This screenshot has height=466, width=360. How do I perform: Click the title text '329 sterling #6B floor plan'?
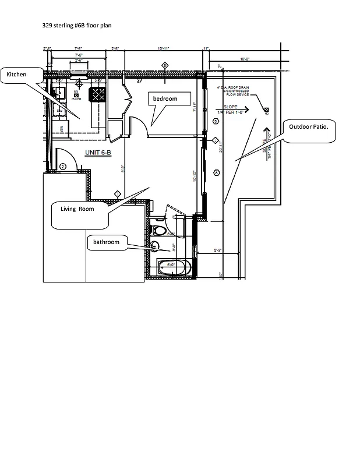[x=76, y=26]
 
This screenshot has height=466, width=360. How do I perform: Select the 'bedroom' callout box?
[x=170, y=99]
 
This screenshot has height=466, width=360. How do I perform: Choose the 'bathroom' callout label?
[x=105, y=242]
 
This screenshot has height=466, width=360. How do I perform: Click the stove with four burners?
[x=97, y=94]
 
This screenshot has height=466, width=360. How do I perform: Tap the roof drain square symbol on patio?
[x=266, y=110]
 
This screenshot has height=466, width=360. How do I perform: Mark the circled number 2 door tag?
[x=62, y=167]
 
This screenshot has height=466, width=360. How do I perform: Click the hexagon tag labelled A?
[x=216, y=172]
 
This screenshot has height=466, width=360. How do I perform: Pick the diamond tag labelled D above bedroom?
[x=165, y=65]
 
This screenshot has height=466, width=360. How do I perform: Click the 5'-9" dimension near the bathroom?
[x=218, y=250]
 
